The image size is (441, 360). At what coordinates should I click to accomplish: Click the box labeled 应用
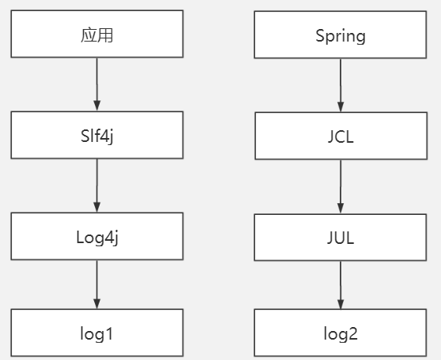pyautogui.click(x=97, y=35)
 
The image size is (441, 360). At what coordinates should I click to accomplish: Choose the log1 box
pyautogui.click(x=97, y=333)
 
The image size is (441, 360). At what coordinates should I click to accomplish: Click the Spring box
pyautogui.click(x=341, y=35)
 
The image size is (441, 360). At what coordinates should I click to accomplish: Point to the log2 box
pyautogui.click(x=341, y=333)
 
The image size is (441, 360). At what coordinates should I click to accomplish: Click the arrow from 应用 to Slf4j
pyautogui.click(x=97, y=85)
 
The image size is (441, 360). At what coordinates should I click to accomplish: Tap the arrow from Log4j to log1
pyautogui.click(x=97, y=284)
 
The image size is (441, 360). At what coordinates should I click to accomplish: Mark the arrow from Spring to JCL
pyautogui.click(x=341, y=85)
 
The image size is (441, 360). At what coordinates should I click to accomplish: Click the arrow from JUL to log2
pyautogui.click(x=341, y=284)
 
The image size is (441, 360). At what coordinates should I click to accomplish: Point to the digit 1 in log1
pyautogui.click(x=110, y=333)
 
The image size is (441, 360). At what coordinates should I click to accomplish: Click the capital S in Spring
pyautogui.click(x=320, y=35)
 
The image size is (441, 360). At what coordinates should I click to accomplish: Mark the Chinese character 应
pyautogui.click(x=89, y=35)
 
